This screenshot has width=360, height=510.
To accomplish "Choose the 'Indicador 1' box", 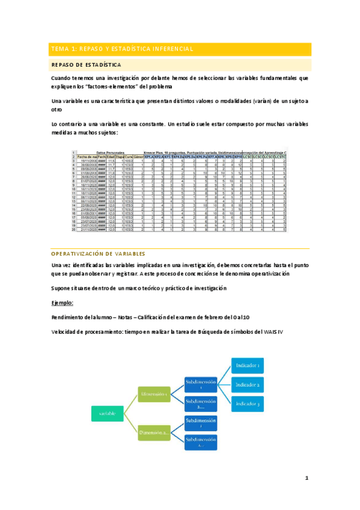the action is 248,365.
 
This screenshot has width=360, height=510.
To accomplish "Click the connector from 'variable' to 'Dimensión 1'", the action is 130,403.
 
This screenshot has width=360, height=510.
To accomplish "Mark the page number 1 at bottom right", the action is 306,478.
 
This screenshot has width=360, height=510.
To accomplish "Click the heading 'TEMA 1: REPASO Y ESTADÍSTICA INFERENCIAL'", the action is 122,49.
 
